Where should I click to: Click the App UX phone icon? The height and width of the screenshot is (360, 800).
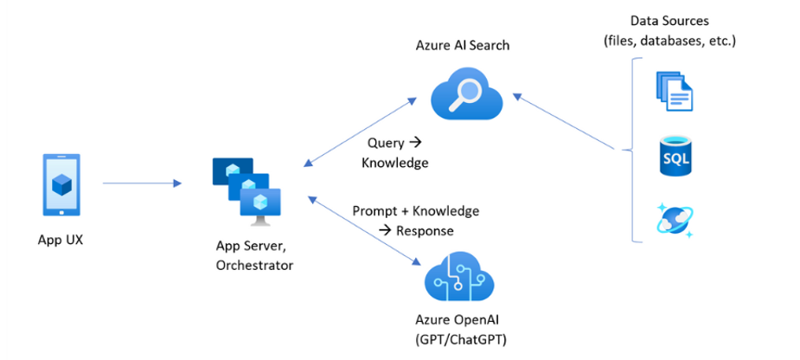click(61, 184)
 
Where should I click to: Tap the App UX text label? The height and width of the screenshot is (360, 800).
click(61, 240)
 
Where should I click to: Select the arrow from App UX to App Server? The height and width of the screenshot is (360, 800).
click(142, 183)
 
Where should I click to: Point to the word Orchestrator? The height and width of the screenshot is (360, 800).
click(254, 265)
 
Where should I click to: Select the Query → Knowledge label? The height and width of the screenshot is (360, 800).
click(397, 152)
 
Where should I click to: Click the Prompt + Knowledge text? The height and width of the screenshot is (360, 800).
click(415, 210)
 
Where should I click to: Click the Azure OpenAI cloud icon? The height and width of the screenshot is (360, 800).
click(458, 277)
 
